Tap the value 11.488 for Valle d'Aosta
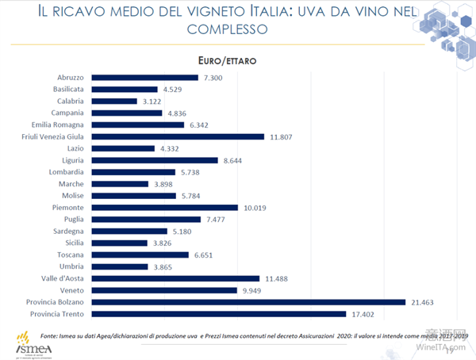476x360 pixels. [277, 278]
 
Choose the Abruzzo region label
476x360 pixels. [71, 77]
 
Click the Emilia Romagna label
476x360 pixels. [60, 124]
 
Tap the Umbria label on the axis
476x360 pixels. [73, 266]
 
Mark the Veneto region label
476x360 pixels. [73, 290]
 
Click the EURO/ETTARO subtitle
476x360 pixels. [225, 59]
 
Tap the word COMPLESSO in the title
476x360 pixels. [227, 29]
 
